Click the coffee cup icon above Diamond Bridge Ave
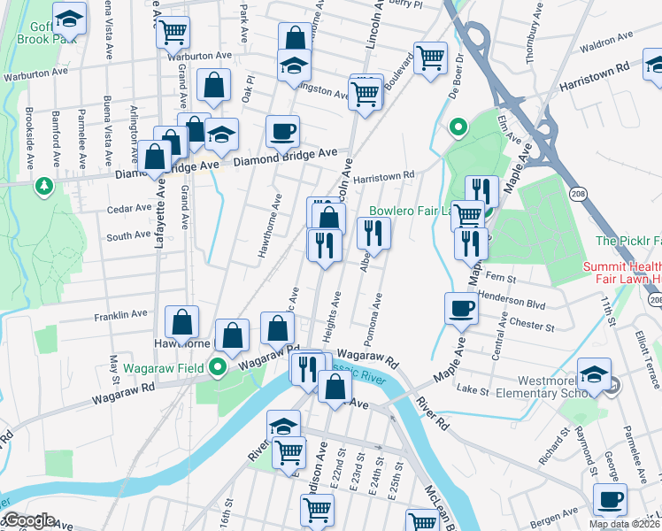point(283,132)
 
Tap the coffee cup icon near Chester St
point(460,308)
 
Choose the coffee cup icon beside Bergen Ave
point(609,498)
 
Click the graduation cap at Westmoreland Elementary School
point(593,373)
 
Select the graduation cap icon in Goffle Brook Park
point(68,18)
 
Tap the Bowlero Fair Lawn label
point(410,212)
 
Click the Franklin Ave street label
point(120,314)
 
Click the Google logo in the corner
point(28,520)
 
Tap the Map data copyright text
point(624,524)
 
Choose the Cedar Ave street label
point(129,209)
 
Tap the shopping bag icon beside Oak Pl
point(214,86)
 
